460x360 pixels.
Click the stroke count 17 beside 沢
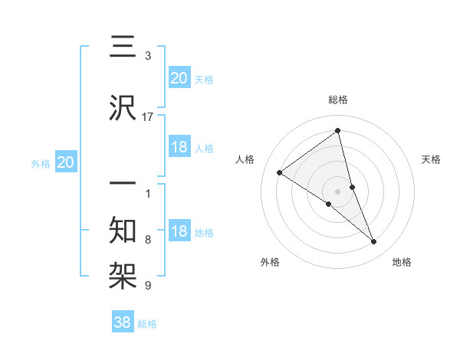click(148, 116)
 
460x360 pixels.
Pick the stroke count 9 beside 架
click(148, 286)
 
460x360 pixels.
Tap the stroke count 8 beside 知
click(148, 240)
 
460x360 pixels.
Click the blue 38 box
click(123, 323)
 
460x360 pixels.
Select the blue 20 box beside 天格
click(179, 77)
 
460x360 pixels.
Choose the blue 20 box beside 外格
click(66, 162)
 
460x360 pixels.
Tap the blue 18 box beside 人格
click(179, 147)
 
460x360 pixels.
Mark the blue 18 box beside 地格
click(179, 231)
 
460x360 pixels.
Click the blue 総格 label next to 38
click(147, 324)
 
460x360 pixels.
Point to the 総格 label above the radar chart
click(338, 100)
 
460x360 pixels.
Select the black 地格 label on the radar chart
click(402, 262)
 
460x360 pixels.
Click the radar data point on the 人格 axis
click(280, 173)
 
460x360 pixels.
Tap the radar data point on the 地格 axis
click(374, 242)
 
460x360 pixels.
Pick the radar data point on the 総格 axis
click(338, 131)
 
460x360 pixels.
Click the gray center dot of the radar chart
click(338, 191)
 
